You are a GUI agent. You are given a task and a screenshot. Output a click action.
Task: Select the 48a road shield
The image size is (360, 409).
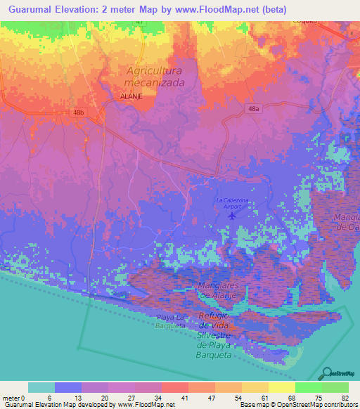(254, 109)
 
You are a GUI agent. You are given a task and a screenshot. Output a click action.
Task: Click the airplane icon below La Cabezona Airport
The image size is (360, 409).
(233, 215)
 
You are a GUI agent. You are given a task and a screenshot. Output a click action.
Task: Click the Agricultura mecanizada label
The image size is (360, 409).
(154, 77)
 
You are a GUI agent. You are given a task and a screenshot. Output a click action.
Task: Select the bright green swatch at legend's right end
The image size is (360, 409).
(335, 387)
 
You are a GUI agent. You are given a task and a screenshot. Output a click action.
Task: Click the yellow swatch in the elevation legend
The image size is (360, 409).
(281, 387)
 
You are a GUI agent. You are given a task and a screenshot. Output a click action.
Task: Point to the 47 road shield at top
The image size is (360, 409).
(139, 22)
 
